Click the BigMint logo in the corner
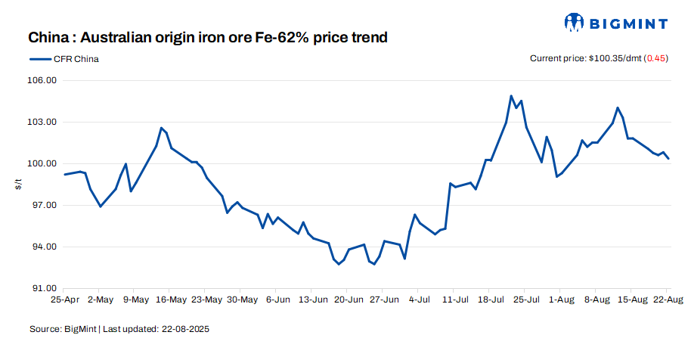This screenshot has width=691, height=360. pyautogui.click(x=615, y=23)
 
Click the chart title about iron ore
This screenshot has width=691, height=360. pyautogui.click(x=208, y=37)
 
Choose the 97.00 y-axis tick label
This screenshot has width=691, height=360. pyautogui.click(x=42, y=205)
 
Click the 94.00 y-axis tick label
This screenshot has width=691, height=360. pyautogui.click(x=42, y=247)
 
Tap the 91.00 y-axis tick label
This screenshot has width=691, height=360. pyautogui.click(x=42, y=288)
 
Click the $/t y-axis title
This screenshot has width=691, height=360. pyautogui.click(x=19, y=184)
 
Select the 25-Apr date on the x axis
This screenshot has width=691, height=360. pyautogui.click(x=65, y=299)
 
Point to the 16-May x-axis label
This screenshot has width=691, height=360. pyautogui.click(x=171, y=299)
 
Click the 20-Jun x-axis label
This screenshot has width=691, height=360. pyautogui.click(x=347, y=299)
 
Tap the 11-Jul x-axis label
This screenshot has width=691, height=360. pyautogui.click(x=453, y=299)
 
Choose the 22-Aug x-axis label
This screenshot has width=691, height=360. pyautogui.click(x=667, y=299)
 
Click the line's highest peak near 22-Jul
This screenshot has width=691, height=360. pyautogui.click(x=511, y=96)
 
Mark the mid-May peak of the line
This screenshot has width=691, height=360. pyautogui.click(x=161, y=129)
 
